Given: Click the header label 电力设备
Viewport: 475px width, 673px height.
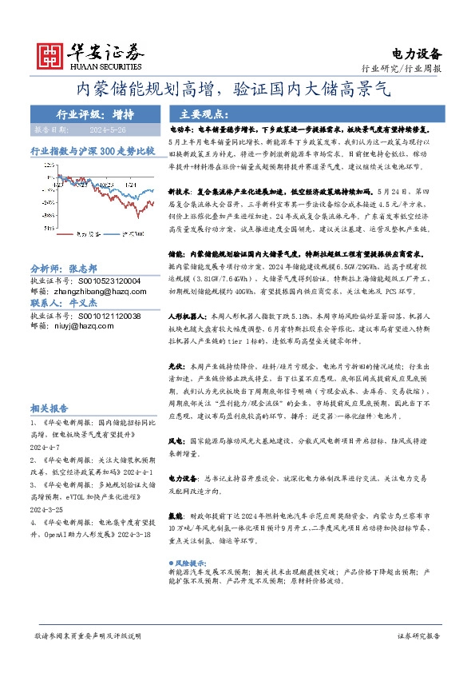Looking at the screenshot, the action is click(416, 54).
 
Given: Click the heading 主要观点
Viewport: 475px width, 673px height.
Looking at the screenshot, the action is click(204, 114).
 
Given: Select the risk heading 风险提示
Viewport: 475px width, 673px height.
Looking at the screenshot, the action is click(195, 563).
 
